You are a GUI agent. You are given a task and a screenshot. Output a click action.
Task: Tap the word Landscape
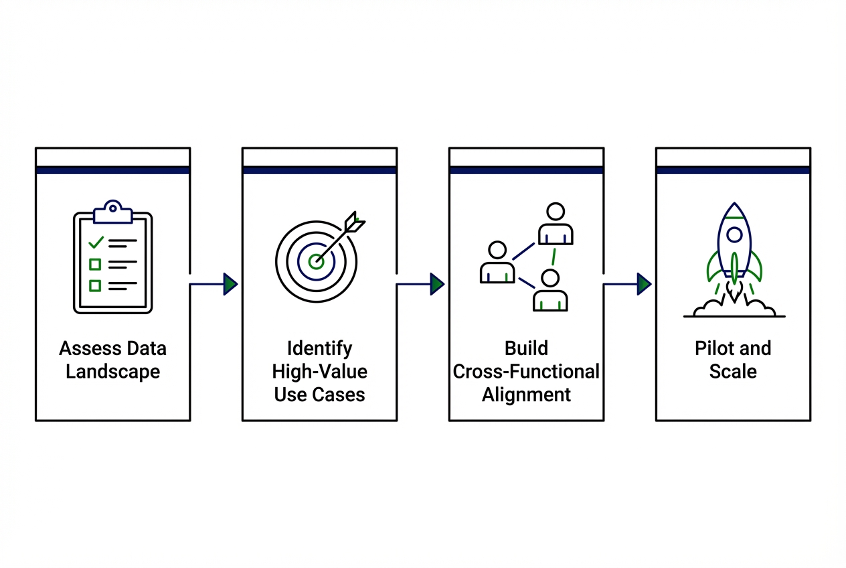pyautogui.click(x=112, y=372)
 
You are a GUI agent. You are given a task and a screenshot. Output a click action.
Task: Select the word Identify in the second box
pyautogui.click(x=319, y=348)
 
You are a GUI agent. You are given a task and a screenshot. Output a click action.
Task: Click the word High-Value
pyautogui.click(x=319, y=372)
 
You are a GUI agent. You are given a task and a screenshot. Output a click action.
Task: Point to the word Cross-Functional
pyautogui.click(x=526, y=372)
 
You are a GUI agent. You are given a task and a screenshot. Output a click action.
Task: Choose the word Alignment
pyautogui.click(x=526, y=395)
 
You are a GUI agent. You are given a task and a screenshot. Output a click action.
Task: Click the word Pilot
pyautogui.click(x=712, y=348)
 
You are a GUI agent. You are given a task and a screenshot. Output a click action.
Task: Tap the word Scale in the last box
pyautogui.click(x=733, y=372)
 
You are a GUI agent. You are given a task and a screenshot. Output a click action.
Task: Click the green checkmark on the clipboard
pyautogui.click(x=96, y=241)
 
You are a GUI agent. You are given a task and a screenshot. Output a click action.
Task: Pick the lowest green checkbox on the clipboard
pyautogui.click(x=95, y=286)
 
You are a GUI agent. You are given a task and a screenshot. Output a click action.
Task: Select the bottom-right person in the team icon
pyautogui.click(x=550, y=291)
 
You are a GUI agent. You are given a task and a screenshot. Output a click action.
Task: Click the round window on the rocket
pyautogui.click(x=734, y=234)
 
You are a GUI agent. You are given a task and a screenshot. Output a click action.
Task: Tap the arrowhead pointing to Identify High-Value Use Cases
pyautogui.click(x=230, y=284)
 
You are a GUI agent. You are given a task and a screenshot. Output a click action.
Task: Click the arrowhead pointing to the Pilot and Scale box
pyautogui.click(x=644, y=284)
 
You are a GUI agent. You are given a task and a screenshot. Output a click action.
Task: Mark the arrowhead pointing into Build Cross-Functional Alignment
pyautogui.click(x=437, y=284)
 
